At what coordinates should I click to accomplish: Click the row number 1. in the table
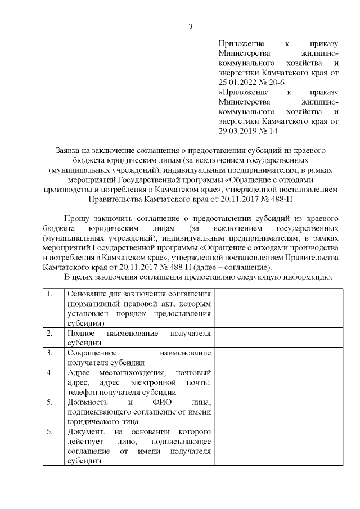50,294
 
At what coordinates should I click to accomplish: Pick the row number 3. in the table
50,353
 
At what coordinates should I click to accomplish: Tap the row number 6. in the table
50,431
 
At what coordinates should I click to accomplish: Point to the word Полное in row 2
79,333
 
